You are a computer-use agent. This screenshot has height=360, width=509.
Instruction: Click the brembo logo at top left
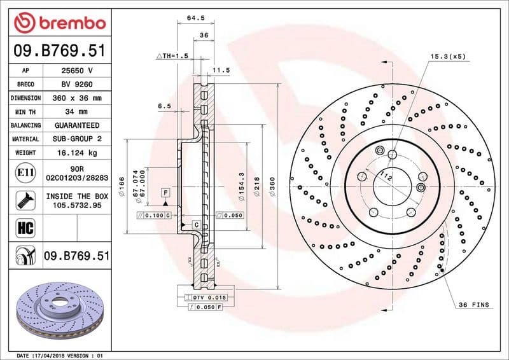pos(59,24)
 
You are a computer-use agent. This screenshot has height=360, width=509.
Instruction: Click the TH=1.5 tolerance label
pos(173,57)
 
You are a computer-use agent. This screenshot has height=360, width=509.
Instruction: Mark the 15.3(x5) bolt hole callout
pos(448,57)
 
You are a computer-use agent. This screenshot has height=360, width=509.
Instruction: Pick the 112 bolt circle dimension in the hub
pos(385,176)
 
